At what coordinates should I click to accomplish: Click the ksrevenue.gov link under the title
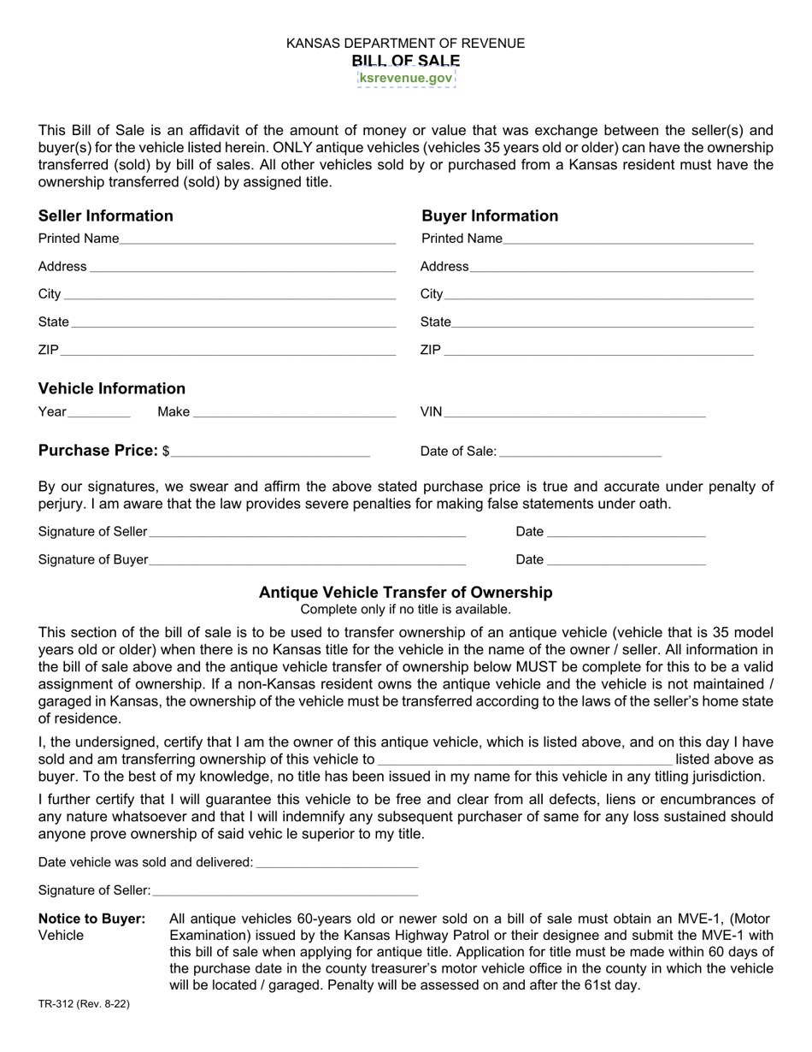click(406, 78)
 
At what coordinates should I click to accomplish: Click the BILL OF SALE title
click(406, 61)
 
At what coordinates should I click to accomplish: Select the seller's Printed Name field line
click(257, 239)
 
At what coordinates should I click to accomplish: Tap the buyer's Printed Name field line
click(628, 239)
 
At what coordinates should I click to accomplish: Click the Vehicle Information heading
click(112, 388)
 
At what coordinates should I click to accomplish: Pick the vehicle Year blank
click(98, 413)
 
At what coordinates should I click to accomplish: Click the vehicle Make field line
click(294, 413)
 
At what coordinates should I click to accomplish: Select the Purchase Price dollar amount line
click(270, 452)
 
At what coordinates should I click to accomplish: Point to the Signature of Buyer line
click(307, 561)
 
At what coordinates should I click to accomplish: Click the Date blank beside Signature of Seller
click(626, 533)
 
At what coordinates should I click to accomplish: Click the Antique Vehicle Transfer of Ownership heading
click(406, 593)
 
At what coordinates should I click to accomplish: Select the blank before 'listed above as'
click(525, 760)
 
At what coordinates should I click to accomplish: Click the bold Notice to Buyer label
click(92, 919)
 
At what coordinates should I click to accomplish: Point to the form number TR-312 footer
click(84, 1004)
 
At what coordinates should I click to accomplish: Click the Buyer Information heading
click(490, 216)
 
